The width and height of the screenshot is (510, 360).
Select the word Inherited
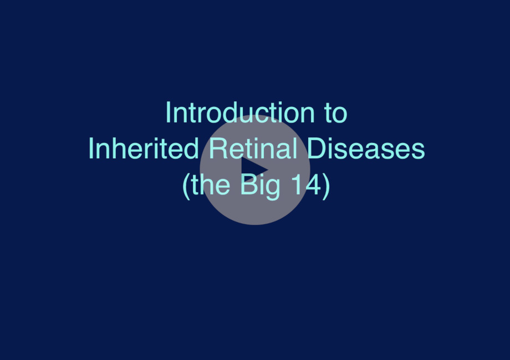pos(144,148)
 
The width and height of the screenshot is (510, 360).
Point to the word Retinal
pos(253,148)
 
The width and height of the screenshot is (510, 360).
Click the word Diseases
pos(366,148)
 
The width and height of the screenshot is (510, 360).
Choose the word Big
pos(260,186)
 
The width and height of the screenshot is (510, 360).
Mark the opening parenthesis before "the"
pos(186,186)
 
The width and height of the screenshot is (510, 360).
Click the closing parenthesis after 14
pos(326,186)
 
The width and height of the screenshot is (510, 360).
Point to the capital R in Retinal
pos(218,148)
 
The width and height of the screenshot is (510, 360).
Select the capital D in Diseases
pos(317,148)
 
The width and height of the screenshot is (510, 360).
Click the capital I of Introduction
pos(168,112)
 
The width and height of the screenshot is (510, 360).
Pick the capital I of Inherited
pos(90,148)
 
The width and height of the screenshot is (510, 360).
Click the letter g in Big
pos(273,189)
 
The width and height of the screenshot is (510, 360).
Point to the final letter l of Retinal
pos(295,148)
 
